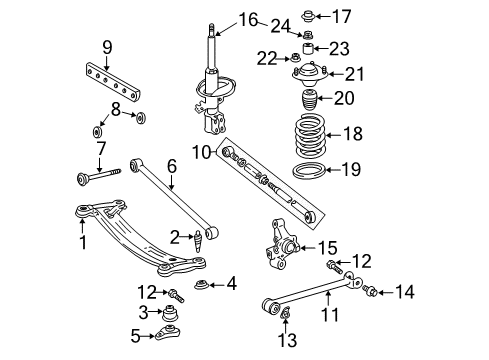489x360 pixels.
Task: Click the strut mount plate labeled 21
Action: [x=304, y=73]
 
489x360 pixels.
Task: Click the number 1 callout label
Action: [x=83, y=243]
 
